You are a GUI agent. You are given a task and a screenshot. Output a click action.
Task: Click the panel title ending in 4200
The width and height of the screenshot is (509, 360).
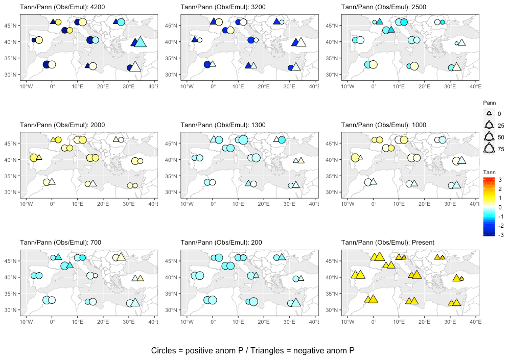(x=56, y=7)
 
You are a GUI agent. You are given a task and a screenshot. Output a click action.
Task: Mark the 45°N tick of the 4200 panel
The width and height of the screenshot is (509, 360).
(x=12, y=26)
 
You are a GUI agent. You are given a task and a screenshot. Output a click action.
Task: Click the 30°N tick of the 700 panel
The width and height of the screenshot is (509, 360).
(x=12, y=310)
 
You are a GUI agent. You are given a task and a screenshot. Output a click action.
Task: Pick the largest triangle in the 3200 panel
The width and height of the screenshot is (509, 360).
(x=300, y=42)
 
